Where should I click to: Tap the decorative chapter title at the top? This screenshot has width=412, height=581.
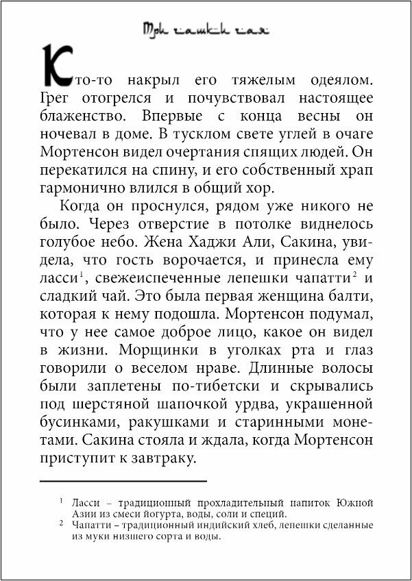(x=206, y=29)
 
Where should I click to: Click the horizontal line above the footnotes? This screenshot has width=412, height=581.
(x=123, y=481)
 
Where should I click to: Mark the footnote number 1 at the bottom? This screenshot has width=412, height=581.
(x=61, y=501)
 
